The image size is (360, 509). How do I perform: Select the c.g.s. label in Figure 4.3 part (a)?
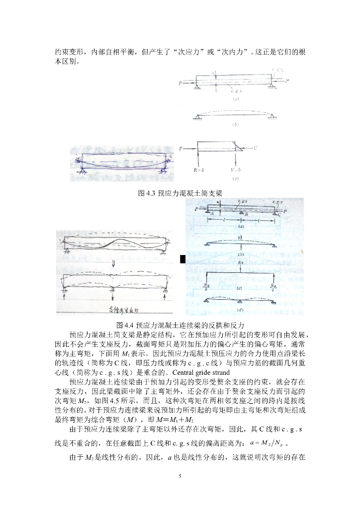(237, 91)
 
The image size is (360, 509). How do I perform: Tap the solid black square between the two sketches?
(182, 258)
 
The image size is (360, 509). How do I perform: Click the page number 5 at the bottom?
(180, 476)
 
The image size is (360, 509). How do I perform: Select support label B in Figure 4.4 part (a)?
(247, 215)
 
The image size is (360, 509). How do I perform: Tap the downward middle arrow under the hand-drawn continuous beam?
(114, 295)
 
